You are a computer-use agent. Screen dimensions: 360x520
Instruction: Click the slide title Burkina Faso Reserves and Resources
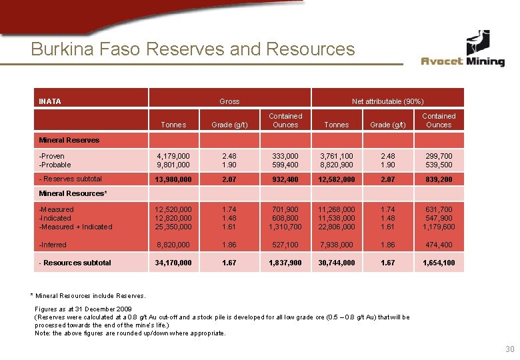coord(193,49)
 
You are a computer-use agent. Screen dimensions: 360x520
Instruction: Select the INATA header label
coord(50,101)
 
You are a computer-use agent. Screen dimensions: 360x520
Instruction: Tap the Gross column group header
coord(229,101)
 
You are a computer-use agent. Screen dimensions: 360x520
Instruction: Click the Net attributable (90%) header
coord(387,101)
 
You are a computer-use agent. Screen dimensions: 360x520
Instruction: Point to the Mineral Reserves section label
coord(69,140)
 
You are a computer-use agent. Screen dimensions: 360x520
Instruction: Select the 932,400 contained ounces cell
coord(285,179)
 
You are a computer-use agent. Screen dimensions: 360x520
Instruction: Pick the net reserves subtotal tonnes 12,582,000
coord(336,179)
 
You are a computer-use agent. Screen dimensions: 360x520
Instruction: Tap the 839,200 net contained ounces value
coord(439,179)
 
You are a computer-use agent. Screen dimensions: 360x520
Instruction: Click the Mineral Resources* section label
coord(73,193)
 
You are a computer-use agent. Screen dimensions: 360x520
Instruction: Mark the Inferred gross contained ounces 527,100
coord(285,245)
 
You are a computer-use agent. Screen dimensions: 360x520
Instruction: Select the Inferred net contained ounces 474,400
coord(439,245)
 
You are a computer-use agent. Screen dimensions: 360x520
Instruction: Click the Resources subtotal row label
coord(75,263)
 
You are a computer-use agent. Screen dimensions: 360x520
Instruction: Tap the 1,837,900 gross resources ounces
coord(285,263)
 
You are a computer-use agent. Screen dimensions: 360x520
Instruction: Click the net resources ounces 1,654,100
coord(439,263)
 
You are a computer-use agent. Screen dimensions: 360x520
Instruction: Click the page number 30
coord(510,349)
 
